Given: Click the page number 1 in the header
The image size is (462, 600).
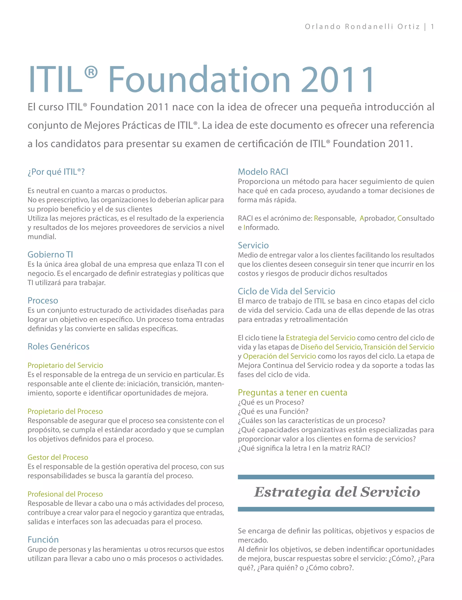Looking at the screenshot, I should (432, 27).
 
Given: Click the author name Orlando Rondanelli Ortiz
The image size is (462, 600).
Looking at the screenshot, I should (362, 27).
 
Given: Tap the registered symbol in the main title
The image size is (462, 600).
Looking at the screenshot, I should (91, 72).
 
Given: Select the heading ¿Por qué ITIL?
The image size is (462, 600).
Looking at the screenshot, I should (56, 172).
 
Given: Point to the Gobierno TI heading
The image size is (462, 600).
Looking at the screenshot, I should (50, 255).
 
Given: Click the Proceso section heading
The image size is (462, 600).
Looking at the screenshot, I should (43, 301).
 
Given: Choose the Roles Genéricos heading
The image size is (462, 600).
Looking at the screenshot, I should (58, 347).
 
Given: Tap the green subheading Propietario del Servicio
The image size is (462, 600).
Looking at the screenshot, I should (65, 365).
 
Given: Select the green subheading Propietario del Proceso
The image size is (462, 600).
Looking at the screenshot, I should (65, 411).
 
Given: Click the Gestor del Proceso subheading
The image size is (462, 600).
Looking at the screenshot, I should (58, 457).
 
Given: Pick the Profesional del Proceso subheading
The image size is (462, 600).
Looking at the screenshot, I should (65, 494).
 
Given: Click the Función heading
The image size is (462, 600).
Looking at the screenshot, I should (43, 540).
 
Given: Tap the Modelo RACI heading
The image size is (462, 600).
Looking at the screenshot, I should (263, 172).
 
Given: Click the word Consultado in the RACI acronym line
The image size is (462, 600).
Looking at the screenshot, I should (416, 218).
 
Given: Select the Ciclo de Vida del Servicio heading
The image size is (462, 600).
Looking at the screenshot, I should (286, 292).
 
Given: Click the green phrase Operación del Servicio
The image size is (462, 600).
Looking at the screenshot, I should (279, 356).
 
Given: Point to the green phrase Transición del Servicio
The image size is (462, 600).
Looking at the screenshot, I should (399, 347).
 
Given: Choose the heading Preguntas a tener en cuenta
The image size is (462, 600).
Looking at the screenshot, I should (293, 393).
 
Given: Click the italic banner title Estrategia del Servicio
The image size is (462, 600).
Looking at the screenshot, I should (337, 492).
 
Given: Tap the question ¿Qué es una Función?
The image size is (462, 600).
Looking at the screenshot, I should (273, 412).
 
